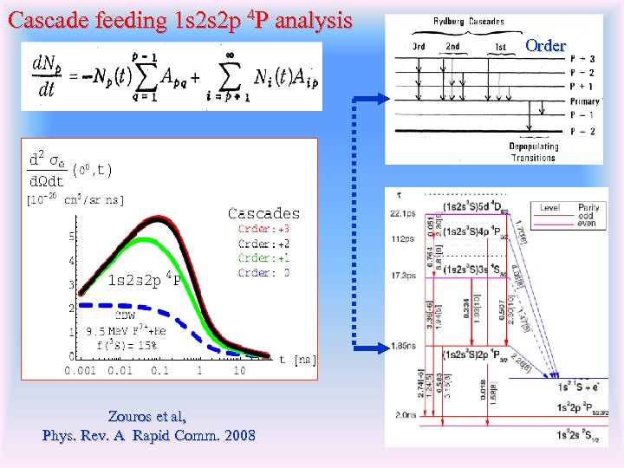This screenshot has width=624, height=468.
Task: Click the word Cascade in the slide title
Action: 44,18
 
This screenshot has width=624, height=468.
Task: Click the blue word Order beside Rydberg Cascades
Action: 545,45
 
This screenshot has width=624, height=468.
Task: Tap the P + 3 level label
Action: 582,59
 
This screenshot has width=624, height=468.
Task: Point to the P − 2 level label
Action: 582,131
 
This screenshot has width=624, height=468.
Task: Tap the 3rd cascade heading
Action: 418,46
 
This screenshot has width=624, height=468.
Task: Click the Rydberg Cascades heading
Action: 470,21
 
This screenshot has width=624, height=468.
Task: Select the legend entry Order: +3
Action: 263,230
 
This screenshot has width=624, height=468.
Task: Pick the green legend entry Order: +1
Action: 263,258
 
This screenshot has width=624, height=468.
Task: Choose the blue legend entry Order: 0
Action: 263,273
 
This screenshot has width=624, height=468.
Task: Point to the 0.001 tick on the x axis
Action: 81,371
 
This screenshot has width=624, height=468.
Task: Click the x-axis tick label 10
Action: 238,371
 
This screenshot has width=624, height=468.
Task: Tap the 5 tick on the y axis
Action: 71,237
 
